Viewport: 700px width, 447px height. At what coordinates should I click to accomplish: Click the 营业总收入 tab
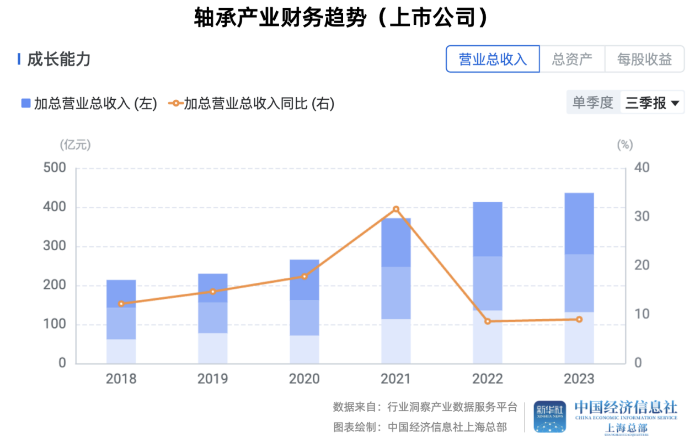tap(493, 59)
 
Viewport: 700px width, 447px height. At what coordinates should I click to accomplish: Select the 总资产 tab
tap(572, 59)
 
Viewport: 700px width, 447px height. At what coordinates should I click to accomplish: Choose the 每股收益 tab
tap(644, 59)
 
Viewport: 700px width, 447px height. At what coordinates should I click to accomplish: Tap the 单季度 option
tap(593, 103)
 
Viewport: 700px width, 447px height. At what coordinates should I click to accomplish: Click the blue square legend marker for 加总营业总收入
tap(26, 103)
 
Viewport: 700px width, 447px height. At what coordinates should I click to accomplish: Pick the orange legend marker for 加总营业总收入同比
tap(175, 103)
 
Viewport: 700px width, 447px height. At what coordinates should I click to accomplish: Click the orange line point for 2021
tap(396, 209)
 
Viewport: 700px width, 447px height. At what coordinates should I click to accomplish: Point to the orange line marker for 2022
tap(487, 321)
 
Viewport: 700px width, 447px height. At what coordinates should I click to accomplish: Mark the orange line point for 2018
tap(121, 304)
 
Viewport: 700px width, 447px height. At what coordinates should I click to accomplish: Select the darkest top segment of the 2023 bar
tap(579, 223)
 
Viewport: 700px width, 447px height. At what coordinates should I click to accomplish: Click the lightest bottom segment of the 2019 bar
tap(213, 348)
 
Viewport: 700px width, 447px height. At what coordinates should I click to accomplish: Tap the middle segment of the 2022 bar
tap(487, 283)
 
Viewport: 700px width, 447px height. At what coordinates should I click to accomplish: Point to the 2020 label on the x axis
tap(304, 379)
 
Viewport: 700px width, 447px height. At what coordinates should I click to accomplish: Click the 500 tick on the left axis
tap(54, 168)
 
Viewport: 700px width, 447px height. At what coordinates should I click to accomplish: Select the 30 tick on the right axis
tap(641, 217)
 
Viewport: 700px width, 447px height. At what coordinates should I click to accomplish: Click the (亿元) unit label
tap(75, 145)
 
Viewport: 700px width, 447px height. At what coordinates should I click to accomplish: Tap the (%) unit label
tap(624, 145)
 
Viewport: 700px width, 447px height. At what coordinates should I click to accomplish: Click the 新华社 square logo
tap(549, 416)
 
